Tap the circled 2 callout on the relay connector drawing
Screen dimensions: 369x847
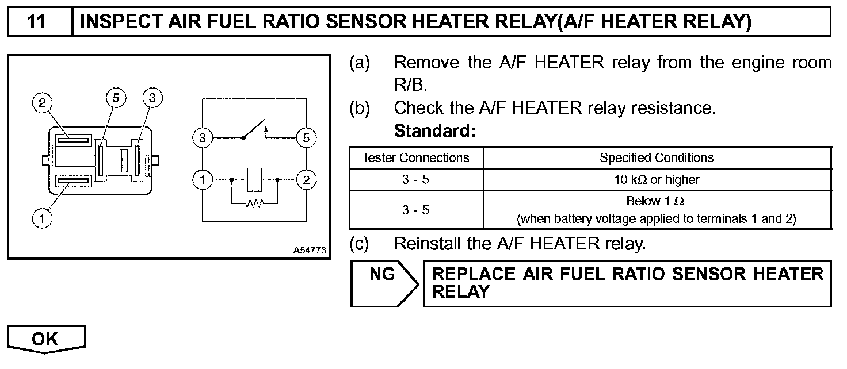click(42, 103)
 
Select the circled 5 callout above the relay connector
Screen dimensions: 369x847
click(116, 98)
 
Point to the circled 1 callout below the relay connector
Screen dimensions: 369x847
click(41, 218)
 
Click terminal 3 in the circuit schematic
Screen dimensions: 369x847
click(203, 138)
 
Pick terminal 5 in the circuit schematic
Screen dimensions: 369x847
click(306, 138)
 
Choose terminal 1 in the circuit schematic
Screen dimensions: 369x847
click(203, 180)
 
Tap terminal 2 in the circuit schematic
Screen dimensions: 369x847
click(306, 180)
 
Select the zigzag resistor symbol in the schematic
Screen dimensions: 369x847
click(254, 203)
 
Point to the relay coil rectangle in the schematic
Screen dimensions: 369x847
click(254, 179)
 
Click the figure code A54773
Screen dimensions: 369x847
click(310, 251)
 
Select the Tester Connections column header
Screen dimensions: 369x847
click(416, 157)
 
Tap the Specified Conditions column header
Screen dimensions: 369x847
click(657, 157)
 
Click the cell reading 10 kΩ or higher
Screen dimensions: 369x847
click(657, 179)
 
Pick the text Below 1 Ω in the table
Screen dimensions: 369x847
click(655, 201)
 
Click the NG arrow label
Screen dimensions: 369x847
click(383, 275)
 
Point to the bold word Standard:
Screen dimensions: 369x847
click(435, 131)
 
